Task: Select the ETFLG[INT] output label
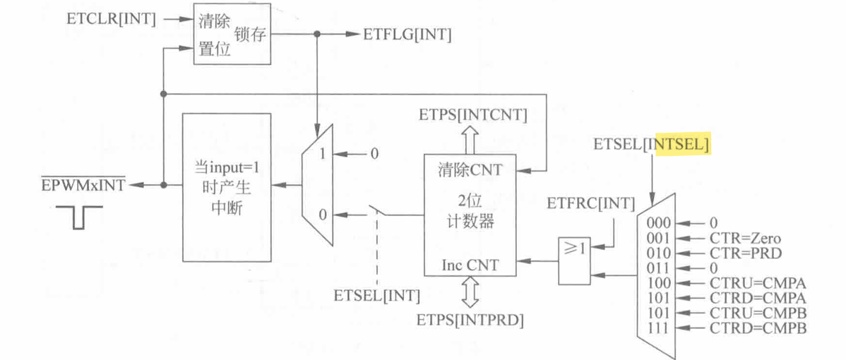click(x=407, y=34)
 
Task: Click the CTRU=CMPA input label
click(x=758, y=282)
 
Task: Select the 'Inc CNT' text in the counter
click(x=470, y=265)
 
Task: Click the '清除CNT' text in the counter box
click(x=468, y=170)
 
